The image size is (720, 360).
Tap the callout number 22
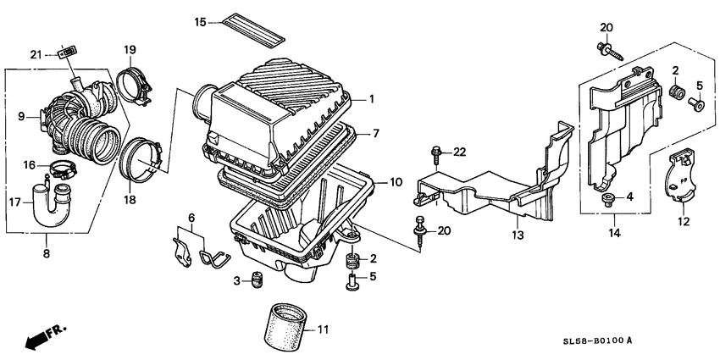(x=459, y=152)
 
